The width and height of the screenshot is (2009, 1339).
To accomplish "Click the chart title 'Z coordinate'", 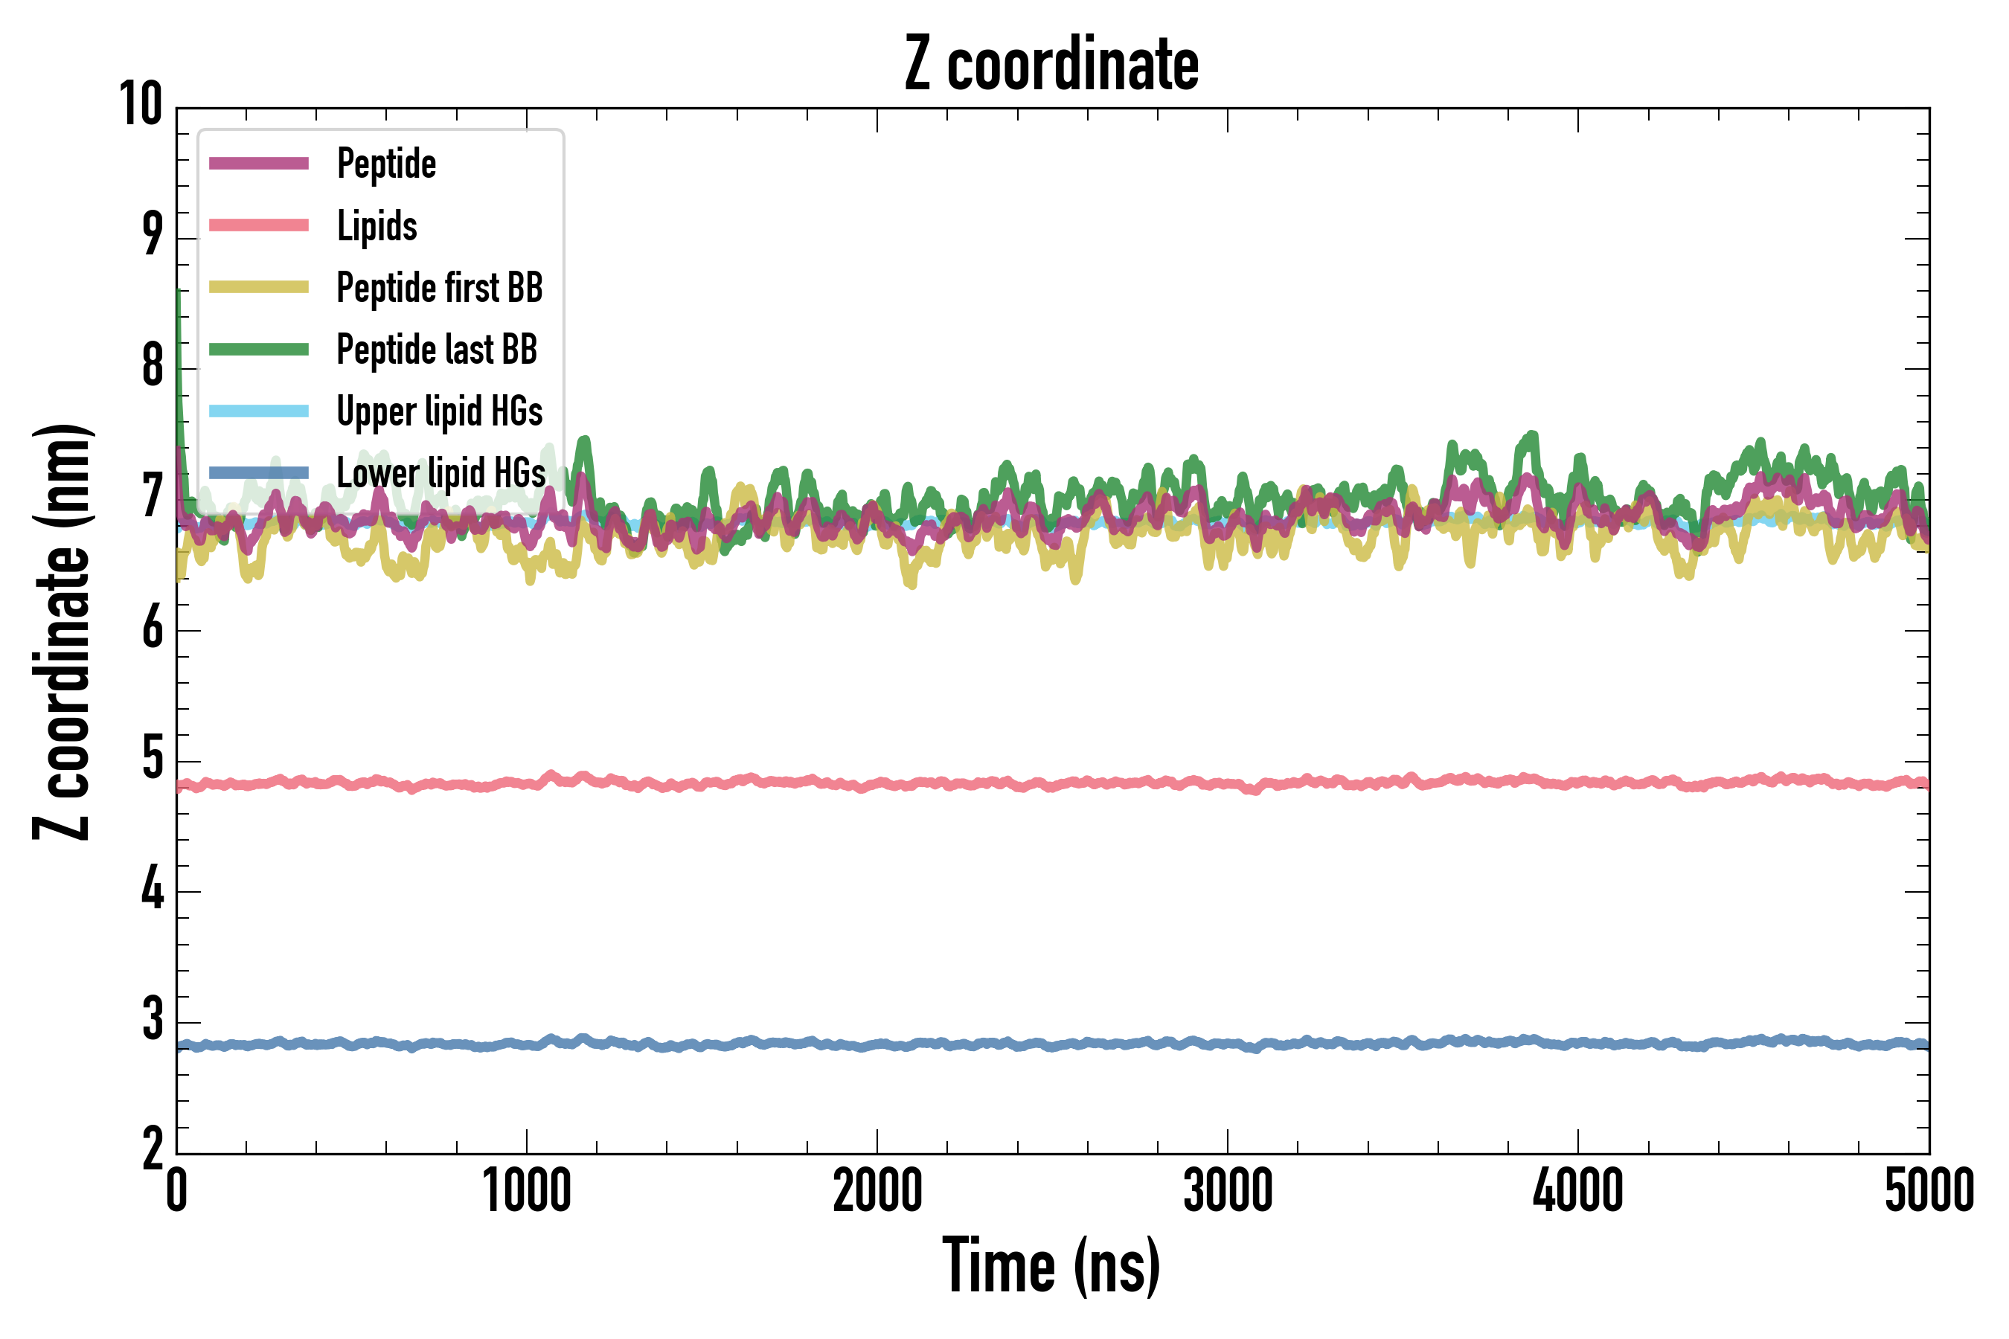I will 1051,64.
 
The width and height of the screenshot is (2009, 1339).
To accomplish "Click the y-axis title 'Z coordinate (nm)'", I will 62,632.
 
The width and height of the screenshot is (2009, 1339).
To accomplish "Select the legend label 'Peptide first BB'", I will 439,288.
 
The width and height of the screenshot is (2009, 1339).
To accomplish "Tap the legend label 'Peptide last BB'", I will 437,350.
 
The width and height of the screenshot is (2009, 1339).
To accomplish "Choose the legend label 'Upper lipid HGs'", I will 439,411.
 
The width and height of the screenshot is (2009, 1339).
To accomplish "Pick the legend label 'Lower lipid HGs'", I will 440,473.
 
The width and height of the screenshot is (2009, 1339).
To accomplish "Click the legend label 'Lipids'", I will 377,226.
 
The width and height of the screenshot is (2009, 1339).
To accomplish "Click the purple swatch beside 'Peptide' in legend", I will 259,163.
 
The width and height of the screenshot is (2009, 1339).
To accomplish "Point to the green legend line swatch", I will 259,350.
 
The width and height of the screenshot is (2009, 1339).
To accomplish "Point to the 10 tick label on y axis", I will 140,105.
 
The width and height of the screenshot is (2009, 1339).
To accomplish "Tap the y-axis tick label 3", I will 153,1020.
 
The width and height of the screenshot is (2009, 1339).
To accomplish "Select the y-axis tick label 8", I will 153,366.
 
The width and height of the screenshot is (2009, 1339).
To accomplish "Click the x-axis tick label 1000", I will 526,1191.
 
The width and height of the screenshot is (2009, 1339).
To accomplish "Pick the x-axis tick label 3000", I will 1228,1191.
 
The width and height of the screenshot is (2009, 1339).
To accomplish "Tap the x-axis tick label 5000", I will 1929,1191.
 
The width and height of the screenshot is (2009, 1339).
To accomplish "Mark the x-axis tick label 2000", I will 877,1191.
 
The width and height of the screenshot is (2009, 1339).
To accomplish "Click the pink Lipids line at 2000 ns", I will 877,784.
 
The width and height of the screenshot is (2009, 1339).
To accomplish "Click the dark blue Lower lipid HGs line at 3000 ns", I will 1228,1044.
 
